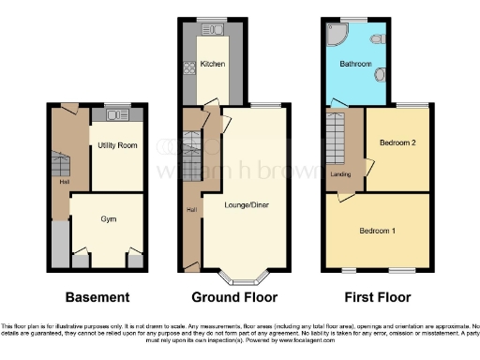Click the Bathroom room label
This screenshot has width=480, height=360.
click(355, 65)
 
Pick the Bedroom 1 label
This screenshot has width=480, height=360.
click(378, 229)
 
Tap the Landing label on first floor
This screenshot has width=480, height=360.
click(341, 173)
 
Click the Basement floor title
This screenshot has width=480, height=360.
click(97, 297)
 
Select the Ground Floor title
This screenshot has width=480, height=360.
click(234, 297)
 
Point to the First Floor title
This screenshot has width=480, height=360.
click(377, 297)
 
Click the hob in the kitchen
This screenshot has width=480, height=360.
click(188, 67)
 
